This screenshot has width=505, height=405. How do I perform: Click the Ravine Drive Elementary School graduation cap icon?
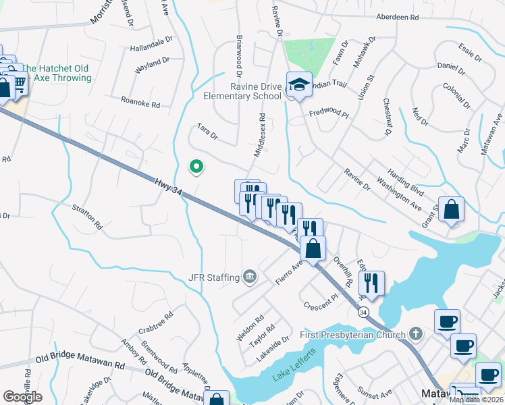(298, 84)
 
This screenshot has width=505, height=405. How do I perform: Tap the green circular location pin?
(196, 165)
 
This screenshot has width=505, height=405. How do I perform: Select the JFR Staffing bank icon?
(249, 276)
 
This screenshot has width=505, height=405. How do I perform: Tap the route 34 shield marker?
(363, 313)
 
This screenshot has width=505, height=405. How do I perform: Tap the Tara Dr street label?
(207, 131)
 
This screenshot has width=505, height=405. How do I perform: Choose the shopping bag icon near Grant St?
(451, 209)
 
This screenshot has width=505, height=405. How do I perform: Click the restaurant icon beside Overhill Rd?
(371, 282)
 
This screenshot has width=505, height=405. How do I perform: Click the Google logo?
(22, 397)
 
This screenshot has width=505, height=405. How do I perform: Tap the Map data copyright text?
(476, 400)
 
